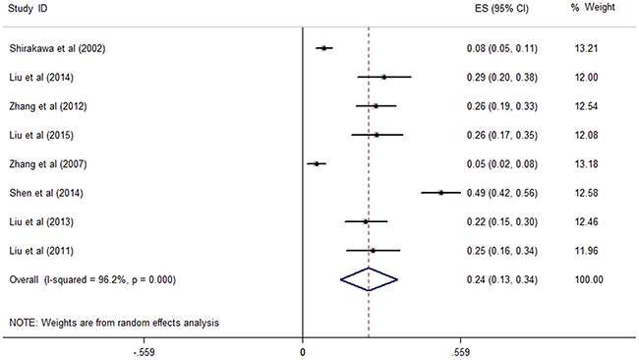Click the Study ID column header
(x=28, y=8)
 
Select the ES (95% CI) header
(x=501, y=9)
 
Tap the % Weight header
(x=593, y=7)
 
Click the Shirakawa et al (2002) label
(x=57, y=48)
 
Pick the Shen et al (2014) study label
(x=46, y=193)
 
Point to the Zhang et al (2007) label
(x=48, y=164)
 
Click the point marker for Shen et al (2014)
(x=441, y=193)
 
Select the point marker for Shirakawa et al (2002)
(x=324, y=48)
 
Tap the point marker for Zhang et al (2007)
(x=317, y=164)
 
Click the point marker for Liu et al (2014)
(x=383, y=77)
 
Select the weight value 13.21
(x=586, y=48)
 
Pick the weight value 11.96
(x=586, y=251)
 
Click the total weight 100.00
(x=589, y=279)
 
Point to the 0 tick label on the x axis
(x=303, y=352)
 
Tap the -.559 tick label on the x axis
(x=145, y=352)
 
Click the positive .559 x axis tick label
(x=460, y=352)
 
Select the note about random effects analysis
(x=114, y=323)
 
